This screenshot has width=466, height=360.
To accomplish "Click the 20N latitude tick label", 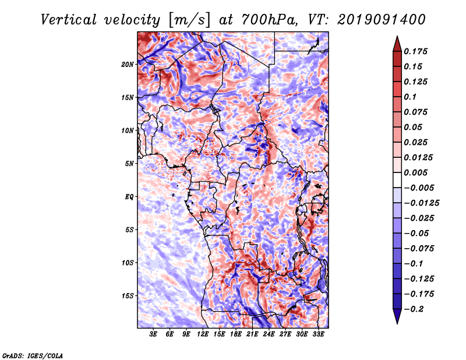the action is pos(128,64).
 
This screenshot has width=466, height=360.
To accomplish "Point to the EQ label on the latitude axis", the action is pos(129,197).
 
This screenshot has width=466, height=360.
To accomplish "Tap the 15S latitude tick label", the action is pos(128,296).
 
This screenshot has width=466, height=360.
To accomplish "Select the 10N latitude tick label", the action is pos(128,130).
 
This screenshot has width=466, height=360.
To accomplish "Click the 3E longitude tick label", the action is pos(153,334).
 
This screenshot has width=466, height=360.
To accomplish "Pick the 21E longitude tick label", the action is pos(252,334).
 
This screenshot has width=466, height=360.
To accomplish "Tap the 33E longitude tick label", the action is pos(318,334).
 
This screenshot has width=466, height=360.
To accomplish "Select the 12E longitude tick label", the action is pos(203,334).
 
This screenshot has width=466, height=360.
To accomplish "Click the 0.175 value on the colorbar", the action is pos(416,51).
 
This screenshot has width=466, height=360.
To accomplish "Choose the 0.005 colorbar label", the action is pos(416,172).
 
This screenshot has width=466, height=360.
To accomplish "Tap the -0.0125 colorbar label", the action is pos(421,203).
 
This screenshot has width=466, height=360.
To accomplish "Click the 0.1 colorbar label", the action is pos(410,97).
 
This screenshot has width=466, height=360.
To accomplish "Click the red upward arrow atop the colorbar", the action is pos(397,44).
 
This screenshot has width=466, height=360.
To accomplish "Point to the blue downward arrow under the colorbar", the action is pos(397,316).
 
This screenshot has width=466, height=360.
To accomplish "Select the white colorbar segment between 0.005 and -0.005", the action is pos(397,180).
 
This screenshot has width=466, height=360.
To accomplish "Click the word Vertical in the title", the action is pos(69,20).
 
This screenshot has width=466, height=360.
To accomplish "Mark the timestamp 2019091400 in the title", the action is pos(382,20).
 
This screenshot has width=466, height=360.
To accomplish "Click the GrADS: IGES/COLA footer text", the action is pos(33,355).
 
